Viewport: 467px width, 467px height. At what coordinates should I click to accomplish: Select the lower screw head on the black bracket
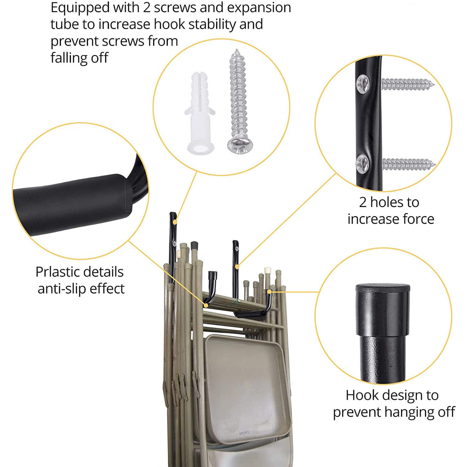click(362, 164)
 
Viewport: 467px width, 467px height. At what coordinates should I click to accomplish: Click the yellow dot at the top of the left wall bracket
click(175, 222)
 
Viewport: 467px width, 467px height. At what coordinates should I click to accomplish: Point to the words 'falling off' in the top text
click(79, 58)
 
